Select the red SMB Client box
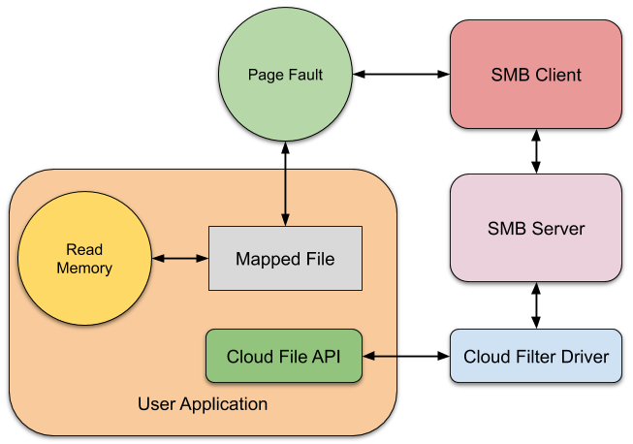(x=535, y=75)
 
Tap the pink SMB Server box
(x=535, y=229)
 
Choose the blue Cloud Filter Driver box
(x=535, y=356)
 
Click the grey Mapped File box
(x=285, y=258)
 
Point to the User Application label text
(x=202, y=403)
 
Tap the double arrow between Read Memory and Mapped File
(x=180, y=258)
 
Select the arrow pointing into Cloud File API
(x=382, y=356)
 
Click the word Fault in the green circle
(x=304, y=75)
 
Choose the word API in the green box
(x=324, y=356)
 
